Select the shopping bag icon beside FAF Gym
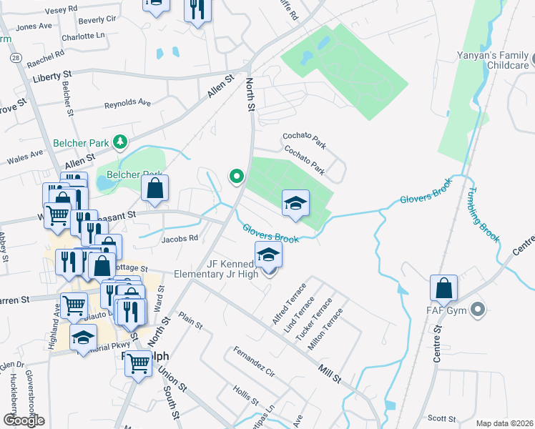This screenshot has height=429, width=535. coord(444,289)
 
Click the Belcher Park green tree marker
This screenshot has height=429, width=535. coord(121,143)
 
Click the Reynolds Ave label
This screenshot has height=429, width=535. coord(127,104)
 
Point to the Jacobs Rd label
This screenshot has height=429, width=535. coord(179,239)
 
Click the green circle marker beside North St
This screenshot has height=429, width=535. coord(236,176)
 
